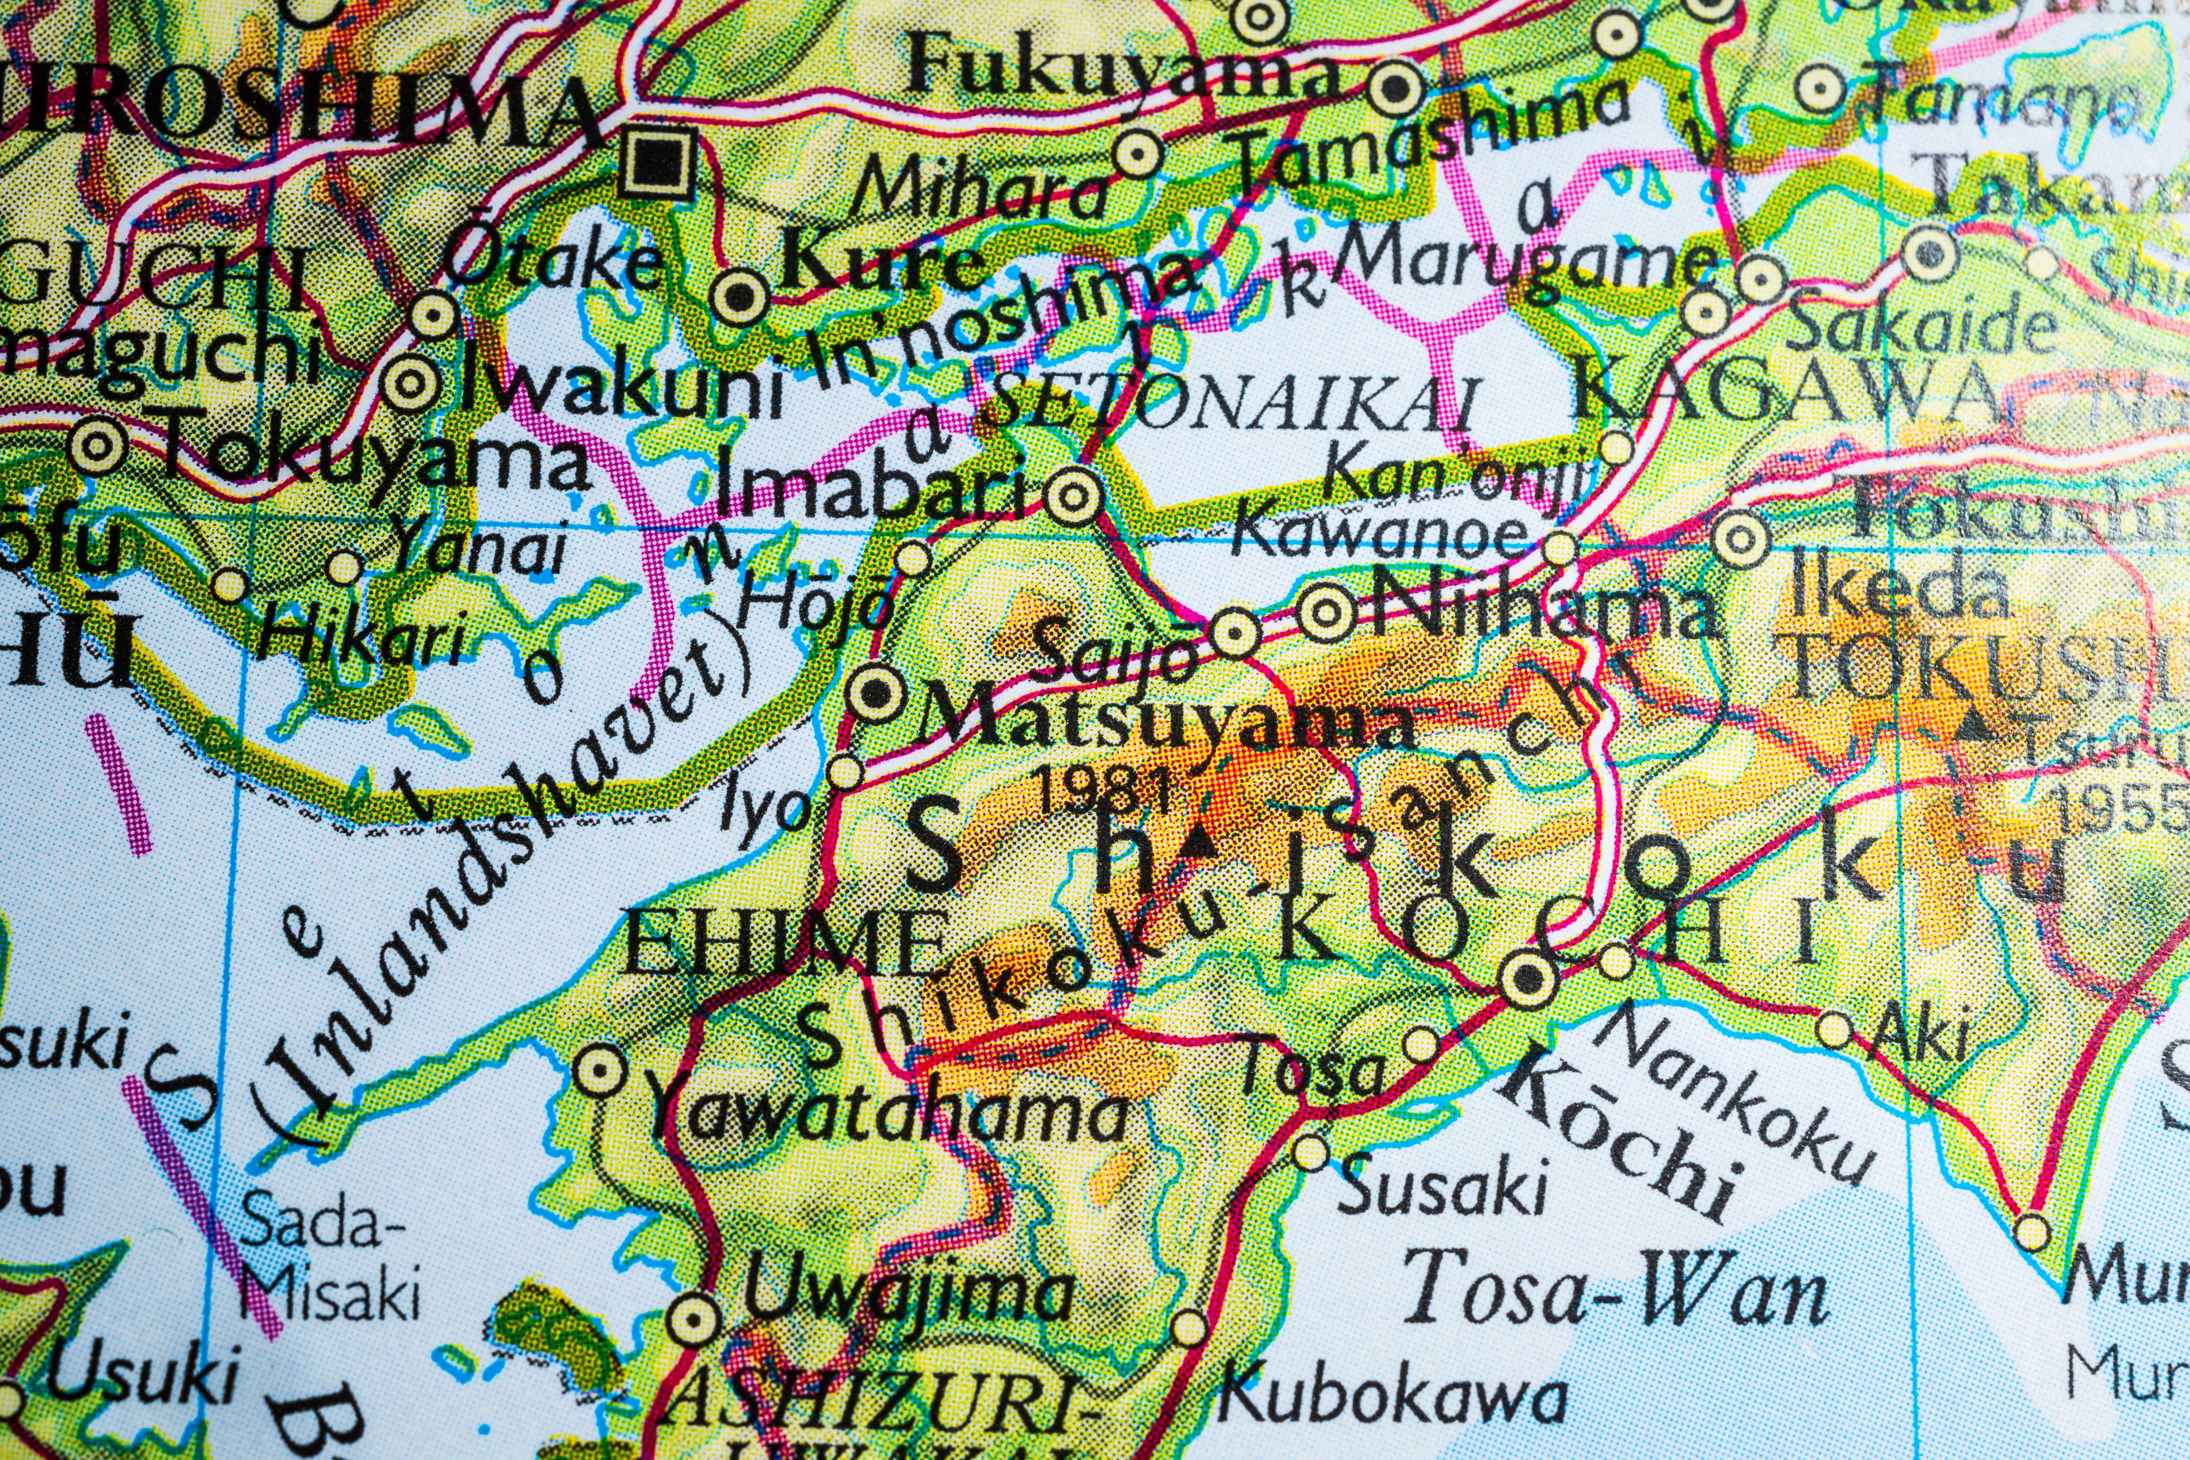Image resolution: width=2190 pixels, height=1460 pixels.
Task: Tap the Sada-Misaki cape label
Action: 326,1257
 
